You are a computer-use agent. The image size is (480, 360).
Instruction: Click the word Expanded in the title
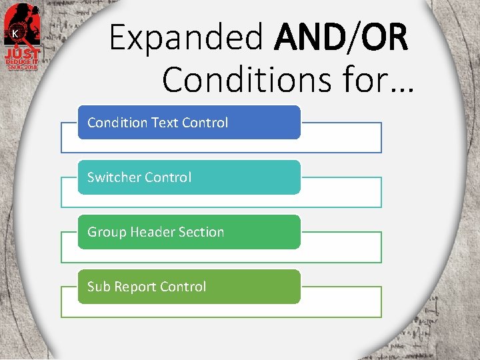pos(187,38)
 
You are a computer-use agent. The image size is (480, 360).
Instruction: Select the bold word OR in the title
pos(385,38)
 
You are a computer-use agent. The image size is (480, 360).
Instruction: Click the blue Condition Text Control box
pos(189,122)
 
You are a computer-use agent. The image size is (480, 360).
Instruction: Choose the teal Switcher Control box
pos(189,177)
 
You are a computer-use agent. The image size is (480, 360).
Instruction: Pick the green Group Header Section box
pos(189,231)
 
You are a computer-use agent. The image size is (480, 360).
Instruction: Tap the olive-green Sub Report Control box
pos(189,286)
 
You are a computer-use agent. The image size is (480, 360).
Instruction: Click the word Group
pos(107,232)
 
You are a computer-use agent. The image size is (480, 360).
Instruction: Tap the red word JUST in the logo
pos(23,53)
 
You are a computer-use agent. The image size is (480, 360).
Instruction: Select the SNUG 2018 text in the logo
pos(23,66)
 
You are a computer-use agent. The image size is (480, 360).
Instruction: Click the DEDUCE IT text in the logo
pos(23,61)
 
